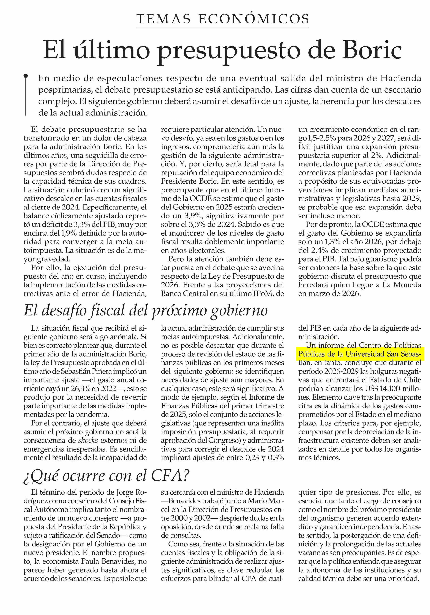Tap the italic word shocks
pyautogui.click(x=88, y=440)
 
